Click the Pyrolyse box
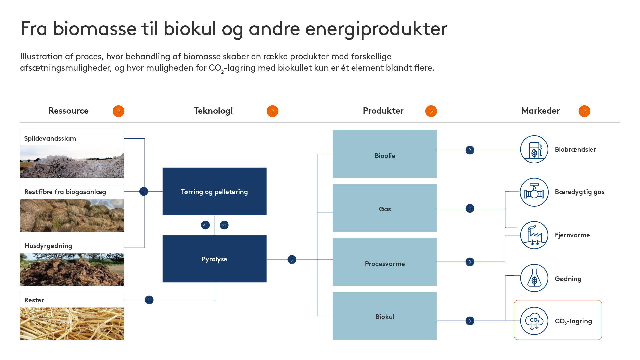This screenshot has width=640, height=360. pos(214,259)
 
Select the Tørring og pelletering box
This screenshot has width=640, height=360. pos(214,191)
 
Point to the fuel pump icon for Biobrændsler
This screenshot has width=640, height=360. pos(534,149)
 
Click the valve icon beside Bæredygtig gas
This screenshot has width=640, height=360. pos(534,192)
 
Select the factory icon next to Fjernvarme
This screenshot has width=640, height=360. pos(534,235)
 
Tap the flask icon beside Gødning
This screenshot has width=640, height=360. pos(534,278)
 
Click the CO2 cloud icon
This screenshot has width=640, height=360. pos(534,321)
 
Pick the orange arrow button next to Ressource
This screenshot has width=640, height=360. pos(118,111)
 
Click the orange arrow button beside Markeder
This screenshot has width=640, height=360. pos(584,111)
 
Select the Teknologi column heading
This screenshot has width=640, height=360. pos(213,111)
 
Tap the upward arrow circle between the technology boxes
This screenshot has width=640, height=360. pos(205,225)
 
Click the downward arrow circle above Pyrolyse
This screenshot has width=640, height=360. pos(224,225)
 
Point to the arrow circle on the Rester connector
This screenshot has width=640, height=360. pos(149,300)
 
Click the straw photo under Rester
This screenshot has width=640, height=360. pos(72,323)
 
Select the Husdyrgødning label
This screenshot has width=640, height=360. pos(48,246)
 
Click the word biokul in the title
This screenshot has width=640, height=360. pos(190,29)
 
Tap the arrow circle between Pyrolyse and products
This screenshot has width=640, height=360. pos(292,259)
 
